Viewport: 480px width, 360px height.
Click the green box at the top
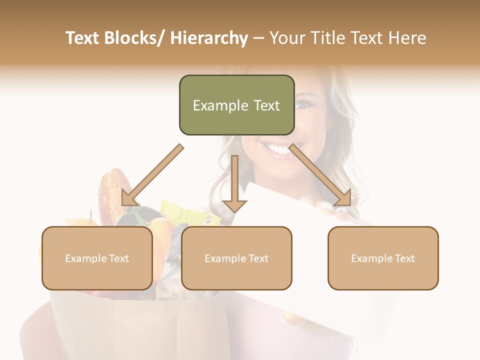pos(236,105)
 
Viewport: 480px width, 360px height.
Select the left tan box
pos(97,258)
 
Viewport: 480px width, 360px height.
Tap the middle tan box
pos(236,258)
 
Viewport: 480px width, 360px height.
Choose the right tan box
pos(383,258)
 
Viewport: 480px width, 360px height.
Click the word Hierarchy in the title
pos(209,38)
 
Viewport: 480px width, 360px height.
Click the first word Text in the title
pos(83,38)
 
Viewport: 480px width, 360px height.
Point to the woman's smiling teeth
pos(276,148)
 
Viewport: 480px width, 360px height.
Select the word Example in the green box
pos(213,105)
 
